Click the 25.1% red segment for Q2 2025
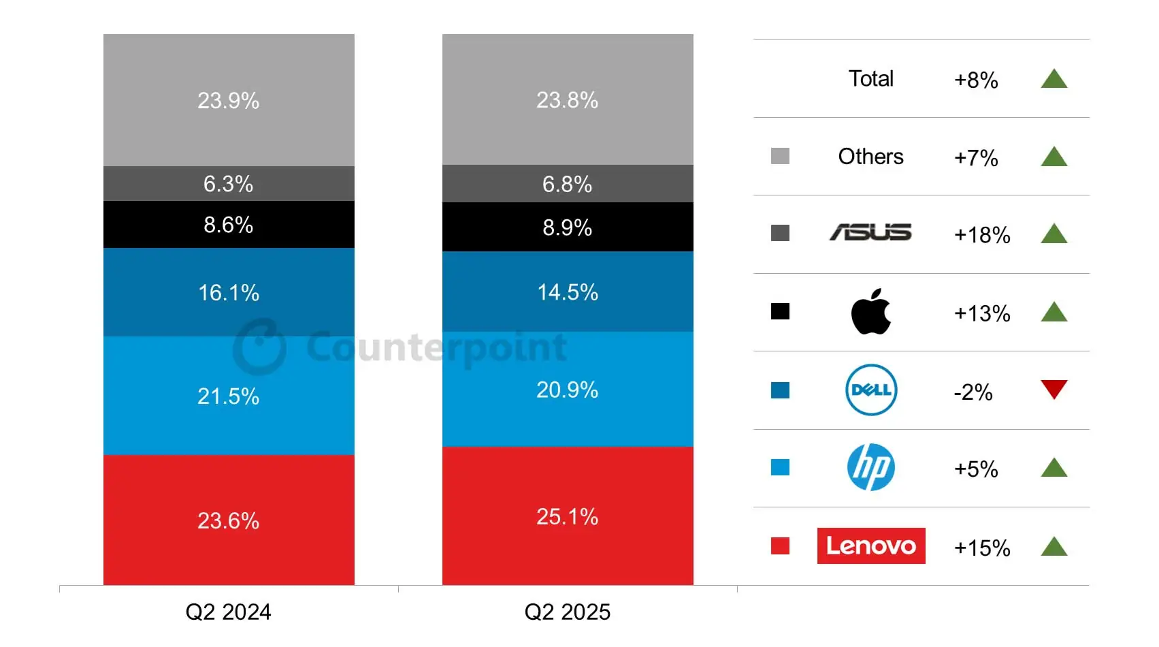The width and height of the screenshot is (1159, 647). point(567,516)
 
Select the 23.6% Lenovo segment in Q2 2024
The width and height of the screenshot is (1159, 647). point(228,520)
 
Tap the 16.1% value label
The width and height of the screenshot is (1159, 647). point(228,293)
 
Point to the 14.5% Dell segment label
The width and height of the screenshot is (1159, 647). point(567,292)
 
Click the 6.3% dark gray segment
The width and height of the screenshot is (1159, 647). point(228,184)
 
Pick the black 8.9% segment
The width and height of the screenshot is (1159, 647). point(567,227)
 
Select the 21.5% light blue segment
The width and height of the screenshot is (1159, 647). point(228,396)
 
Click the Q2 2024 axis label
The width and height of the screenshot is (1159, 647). point(228,612)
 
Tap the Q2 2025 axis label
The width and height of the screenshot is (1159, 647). point(567,612)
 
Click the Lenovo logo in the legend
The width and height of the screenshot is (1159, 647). point(870,546)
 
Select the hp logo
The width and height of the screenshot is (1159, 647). point(870,467)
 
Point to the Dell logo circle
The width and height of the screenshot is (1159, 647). point(870,390)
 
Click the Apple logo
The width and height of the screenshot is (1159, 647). point(870,312)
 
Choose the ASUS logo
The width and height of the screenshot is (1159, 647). point(870,233)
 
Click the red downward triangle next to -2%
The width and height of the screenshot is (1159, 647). point(1054,388)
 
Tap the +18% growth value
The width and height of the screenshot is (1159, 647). point(981,235)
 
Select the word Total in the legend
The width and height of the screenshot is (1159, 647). point(870,78)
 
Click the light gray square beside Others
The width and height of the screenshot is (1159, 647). point(780,156)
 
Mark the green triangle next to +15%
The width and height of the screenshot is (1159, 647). point(1054,547)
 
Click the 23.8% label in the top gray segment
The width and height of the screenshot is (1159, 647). point(567,100)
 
